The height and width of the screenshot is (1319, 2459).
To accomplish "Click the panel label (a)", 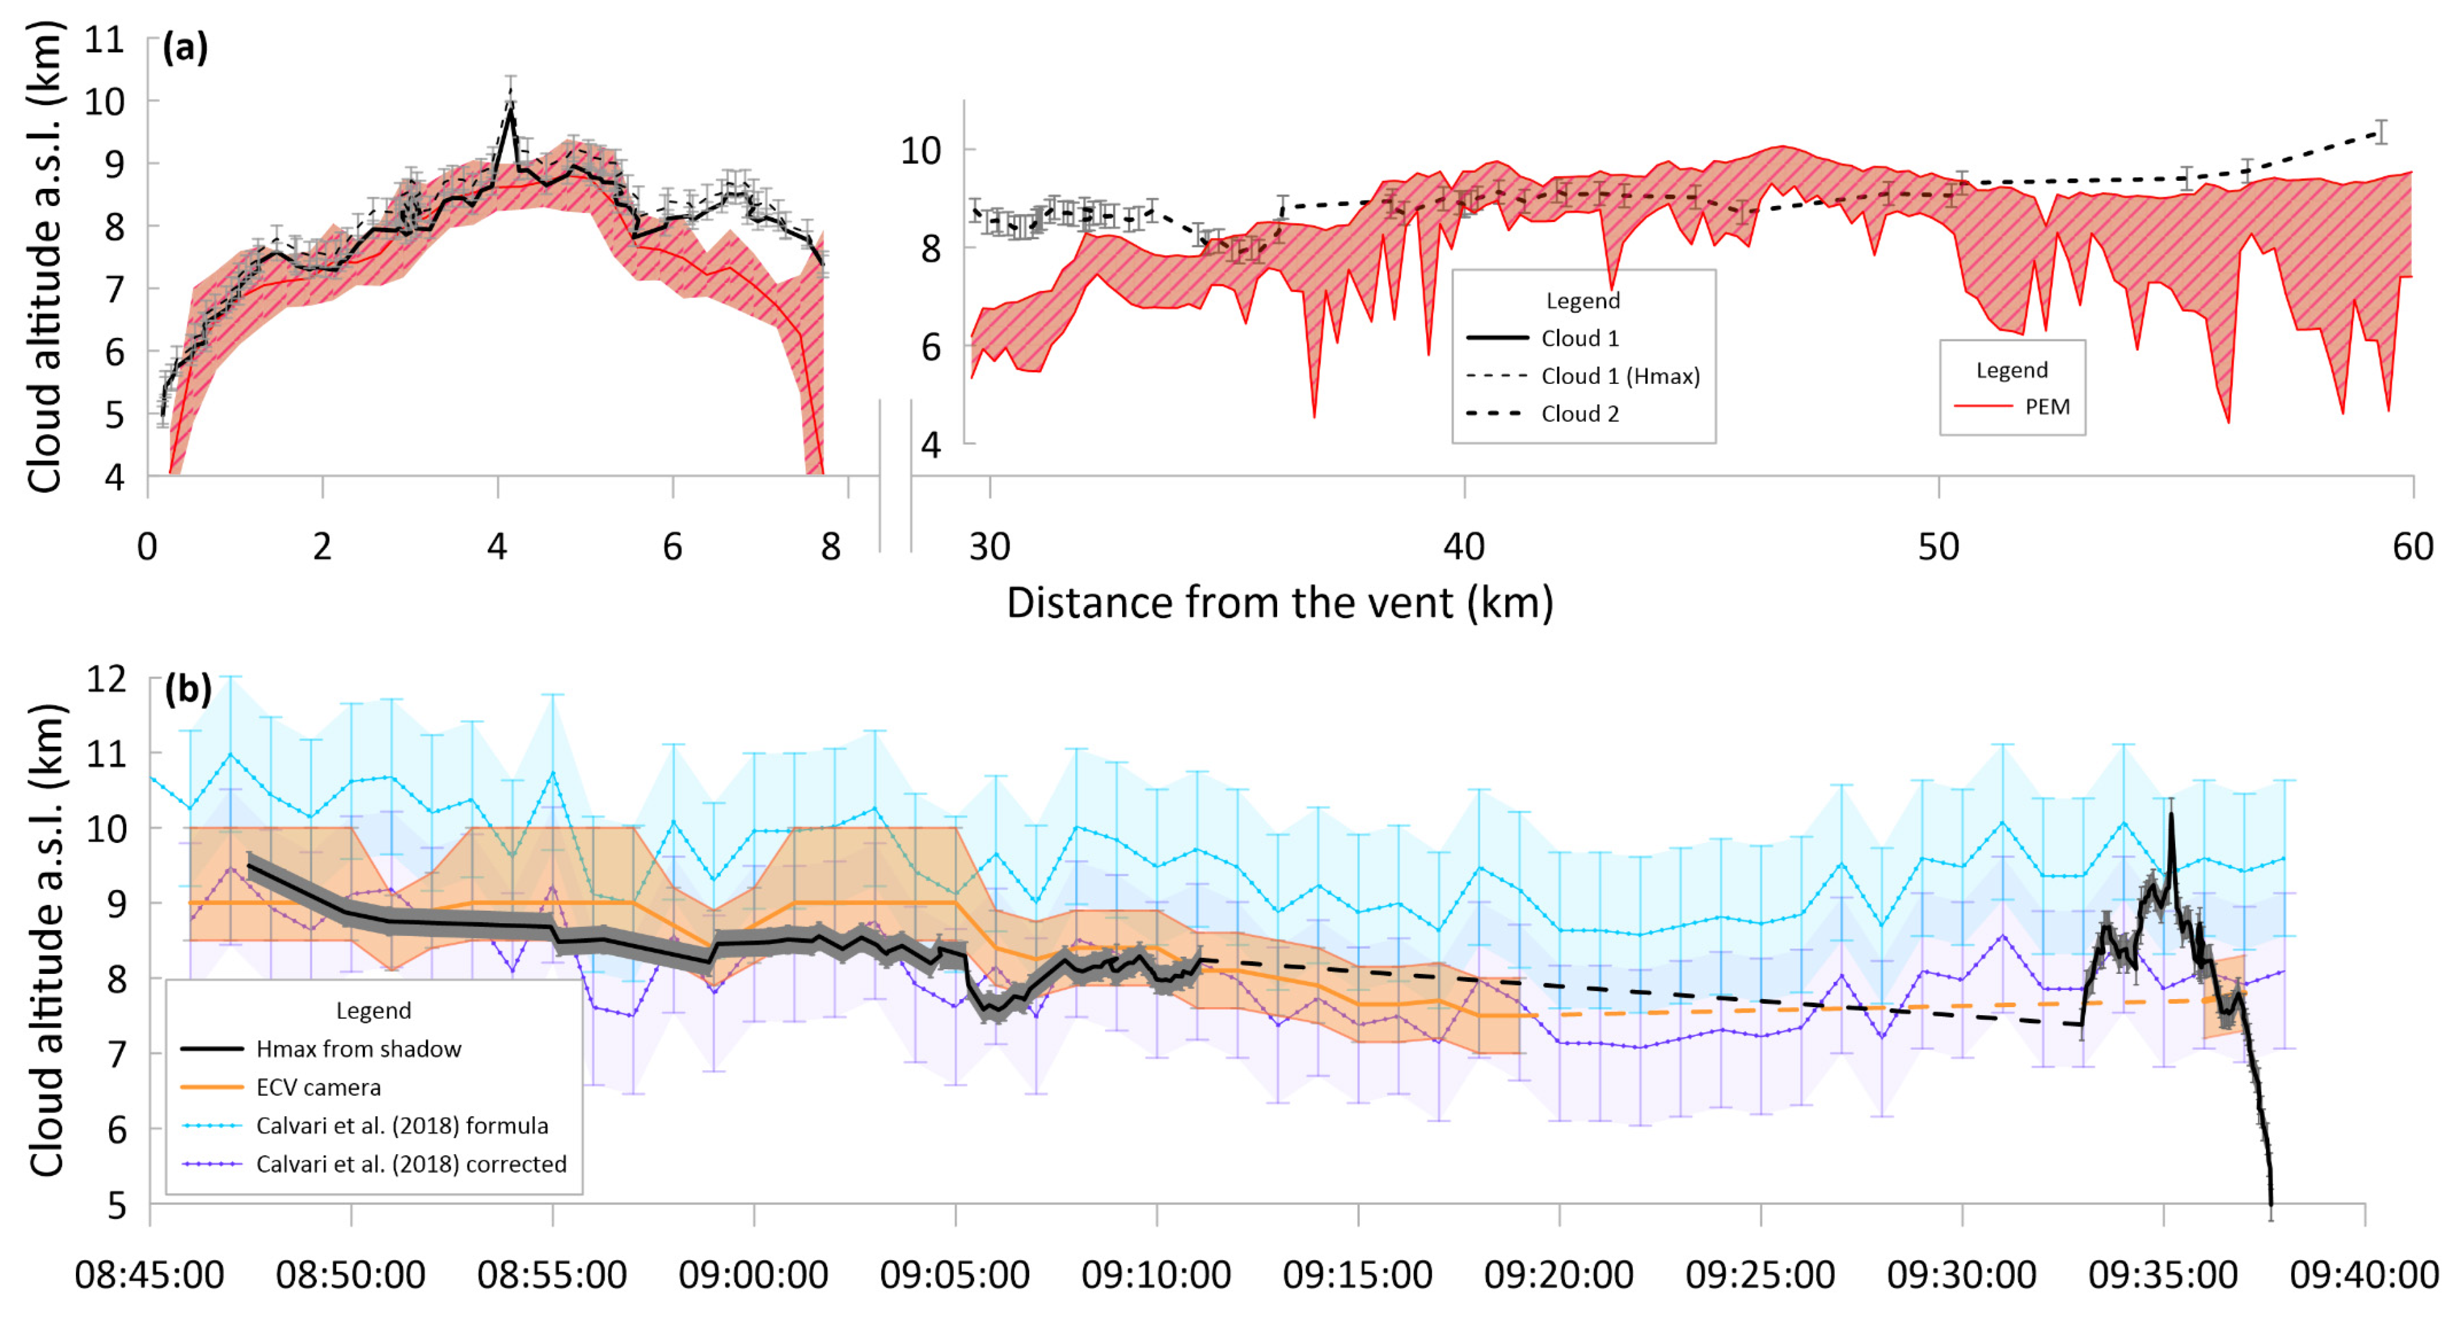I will coord(184,47).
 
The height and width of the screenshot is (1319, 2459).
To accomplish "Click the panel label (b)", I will coord(187,688).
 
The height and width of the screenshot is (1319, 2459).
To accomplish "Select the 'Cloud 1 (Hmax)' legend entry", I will coord(1620,376).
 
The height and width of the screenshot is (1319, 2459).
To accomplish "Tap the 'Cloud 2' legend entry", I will coord(1580,413).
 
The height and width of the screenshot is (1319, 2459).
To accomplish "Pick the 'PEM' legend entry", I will coord(2046,406).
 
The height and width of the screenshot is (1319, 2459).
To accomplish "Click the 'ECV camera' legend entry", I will coord(318,1087).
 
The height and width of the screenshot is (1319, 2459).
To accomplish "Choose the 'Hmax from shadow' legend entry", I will coord(358,1049).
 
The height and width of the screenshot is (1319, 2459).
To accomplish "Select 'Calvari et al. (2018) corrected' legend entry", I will coord(411,1164).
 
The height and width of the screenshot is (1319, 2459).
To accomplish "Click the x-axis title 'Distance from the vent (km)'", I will coord(1279,603).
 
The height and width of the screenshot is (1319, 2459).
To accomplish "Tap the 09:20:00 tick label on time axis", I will coord(1559,1274).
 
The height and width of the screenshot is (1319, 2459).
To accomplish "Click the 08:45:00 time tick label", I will coord(150,1274).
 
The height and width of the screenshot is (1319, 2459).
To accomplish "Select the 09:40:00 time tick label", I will coord(2363,1274).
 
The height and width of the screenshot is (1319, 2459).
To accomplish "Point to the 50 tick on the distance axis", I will coord(1938,547).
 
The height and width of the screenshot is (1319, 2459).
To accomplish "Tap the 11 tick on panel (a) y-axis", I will coord(105,40).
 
